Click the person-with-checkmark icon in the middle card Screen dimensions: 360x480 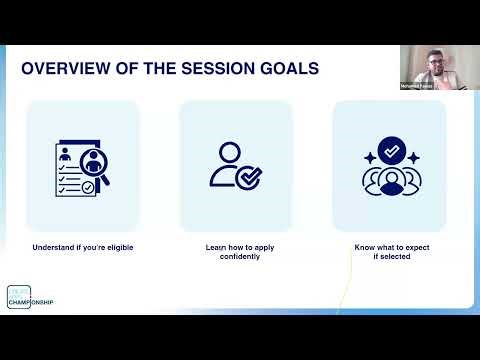[x=233, y=166]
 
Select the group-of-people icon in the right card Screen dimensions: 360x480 [x=388, y=177]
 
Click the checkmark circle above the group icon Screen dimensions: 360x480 [x=388, y=151]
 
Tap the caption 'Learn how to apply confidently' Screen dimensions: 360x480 [x=235, y=251]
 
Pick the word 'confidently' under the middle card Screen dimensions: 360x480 [x=235, y=256]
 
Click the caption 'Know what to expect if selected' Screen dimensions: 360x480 [x=389, y=251]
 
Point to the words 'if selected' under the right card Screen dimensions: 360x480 [x=389, y=256]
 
